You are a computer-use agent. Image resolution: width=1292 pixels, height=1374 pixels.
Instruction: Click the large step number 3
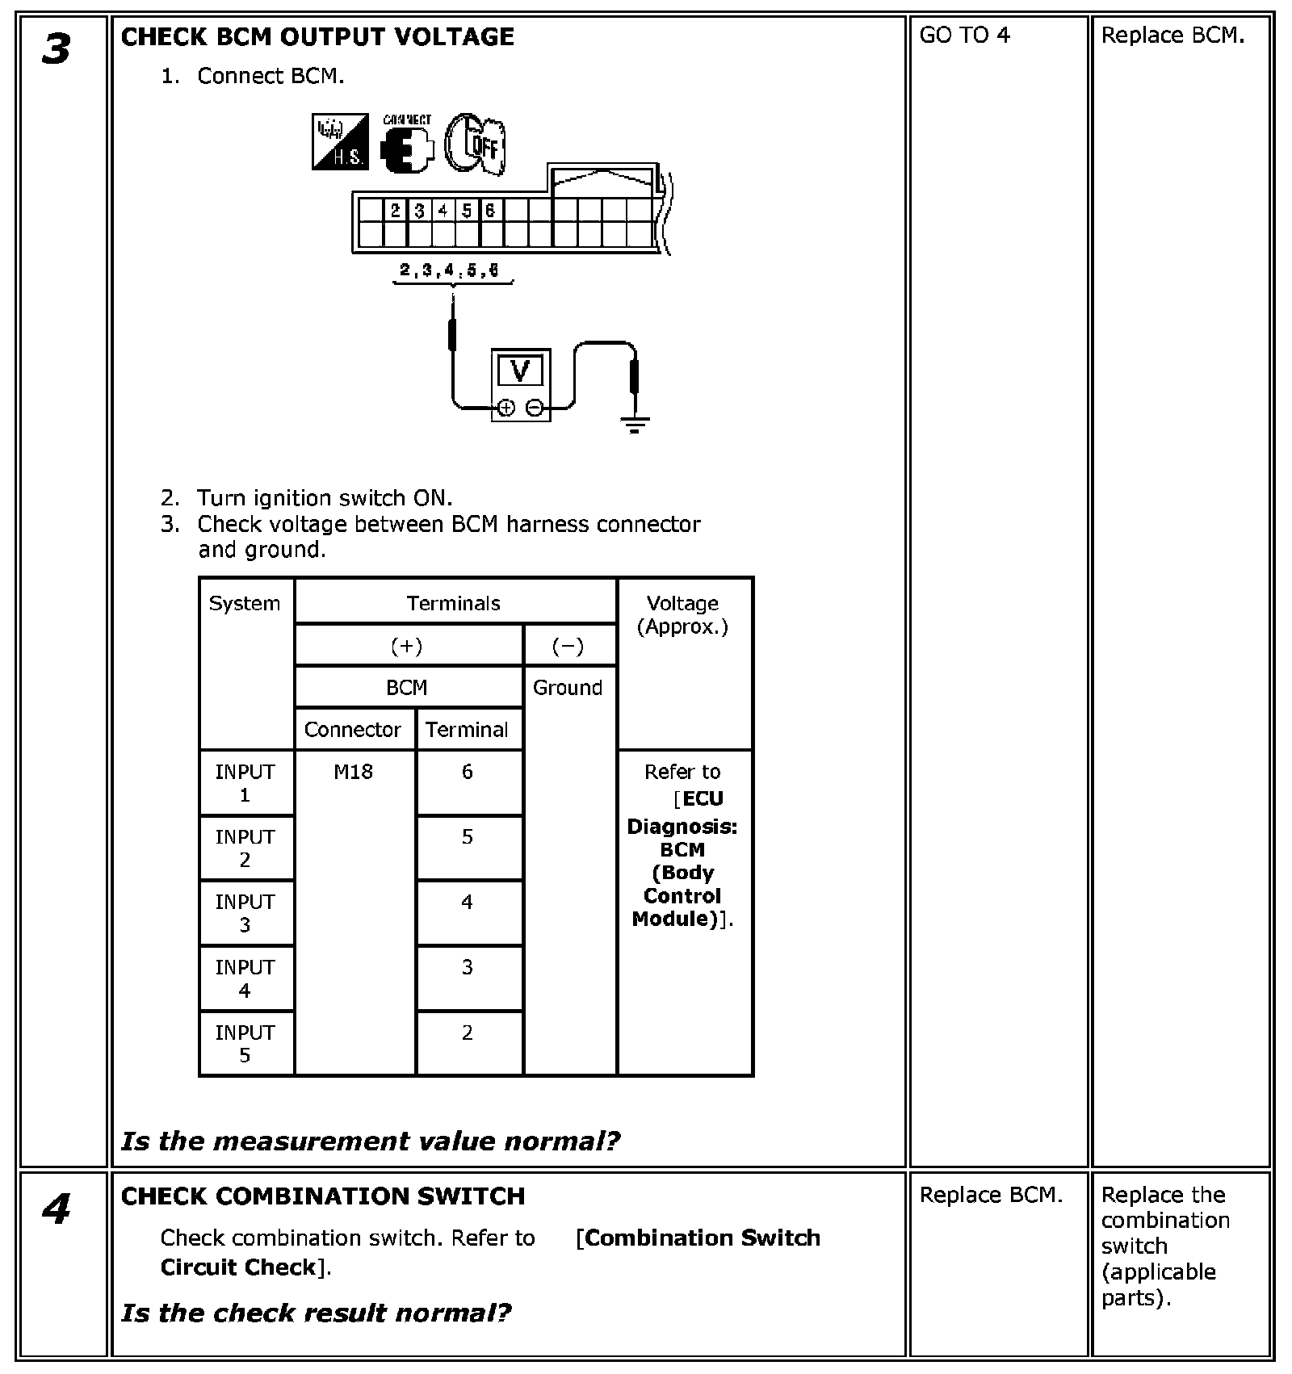coord(57,49)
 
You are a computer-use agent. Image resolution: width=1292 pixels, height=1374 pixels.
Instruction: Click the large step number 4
coord(57,1209)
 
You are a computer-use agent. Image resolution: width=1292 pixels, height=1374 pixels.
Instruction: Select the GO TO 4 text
coord(964,36)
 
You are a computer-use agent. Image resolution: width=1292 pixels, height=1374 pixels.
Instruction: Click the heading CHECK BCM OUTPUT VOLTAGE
coord(317,37)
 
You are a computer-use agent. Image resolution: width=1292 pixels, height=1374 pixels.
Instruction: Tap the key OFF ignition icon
coord(476,144)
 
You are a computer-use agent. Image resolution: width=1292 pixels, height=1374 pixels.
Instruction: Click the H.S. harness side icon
coord(340,141)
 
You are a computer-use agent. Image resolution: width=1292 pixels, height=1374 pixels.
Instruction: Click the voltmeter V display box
coord(521,372)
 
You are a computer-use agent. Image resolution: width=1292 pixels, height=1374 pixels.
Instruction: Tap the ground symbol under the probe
coord(635,424)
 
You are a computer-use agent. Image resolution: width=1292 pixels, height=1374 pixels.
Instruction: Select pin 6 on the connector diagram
coord(490,211)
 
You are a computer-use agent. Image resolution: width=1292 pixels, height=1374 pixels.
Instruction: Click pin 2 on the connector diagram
coord(395,211)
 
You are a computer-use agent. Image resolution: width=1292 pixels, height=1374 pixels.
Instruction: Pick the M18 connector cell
coord(354,772)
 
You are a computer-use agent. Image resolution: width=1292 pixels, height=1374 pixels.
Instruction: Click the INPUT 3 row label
coord(245,913)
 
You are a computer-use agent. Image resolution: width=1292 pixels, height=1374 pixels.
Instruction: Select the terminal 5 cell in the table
coord(468,837)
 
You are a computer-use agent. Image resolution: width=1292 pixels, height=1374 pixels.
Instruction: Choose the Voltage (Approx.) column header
coord(683,615)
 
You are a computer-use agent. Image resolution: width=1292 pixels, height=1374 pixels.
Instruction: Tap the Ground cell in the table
coord(568,688)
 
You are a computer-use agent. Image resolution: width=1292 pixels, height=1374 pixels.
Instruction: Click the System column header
coord(245,604)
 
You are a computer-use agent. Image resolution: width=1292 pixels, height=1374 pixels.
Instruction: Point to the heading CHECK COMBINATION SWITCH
coord(323,1196)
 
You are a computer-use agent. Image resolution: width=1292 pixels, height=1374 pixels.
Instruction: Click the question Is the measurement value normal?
coord(371,1141)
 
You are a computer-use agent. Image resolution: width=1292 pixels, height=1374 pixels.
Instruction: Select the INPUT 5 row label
coord(245,1043)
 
